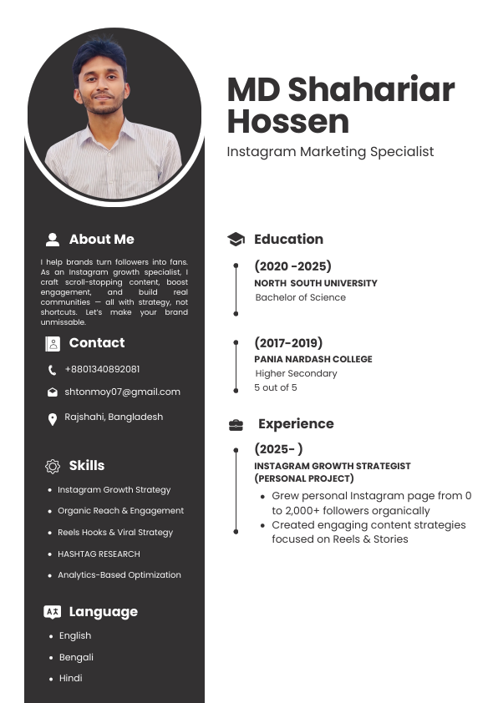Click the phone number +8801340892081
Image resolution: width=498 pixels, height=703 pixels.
pos(102,369)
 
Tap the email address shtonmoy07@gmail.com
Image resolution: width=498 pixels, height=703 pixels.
pos(122,392)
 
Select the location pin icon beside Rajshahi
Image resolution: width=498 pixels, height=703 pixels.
pos(53,419)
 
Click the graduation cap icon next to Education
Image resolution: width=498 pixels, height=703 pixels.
pos(236,240)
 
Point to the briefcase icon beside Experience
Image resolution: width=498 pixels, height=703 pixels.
pos(236,425)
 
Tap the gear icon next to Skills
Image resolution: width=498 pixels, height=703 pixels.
pos(53,466)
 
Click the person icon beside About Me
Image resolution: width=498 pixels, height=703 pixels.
pos(53,240)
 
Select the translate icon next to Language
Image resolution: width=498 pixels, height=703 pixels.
pos(53,612)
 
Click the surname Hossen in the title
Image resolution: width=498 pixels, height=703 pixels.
pos(288,122)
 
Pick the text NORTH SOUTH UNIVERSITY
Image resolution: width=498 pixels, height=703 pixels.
pos(316,283)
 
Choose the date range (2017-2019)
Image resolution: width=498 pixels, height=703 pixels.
pos(288,343)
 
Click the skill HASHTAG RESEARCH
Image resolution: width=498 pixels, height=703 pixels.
pos(99,554)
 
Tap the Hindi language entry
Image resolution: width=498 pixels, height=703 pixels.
pos(71,678)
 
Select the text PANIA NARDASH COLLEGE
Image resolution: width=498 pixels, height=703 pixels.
pos(313,359)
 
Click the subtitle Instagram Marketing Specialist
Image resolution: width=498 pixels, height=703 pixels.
pos(330,152)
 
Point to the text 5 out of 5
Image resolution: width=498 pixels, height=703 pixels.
pos(276,387)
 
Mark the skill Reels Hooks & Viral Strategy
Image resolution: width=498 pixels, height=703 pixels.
pos(115,532)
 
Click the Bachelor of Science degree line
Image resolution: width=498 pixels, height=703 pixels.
pos(300,297)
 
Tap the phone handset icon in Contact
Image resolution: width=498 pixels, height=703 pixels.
pos(53,370)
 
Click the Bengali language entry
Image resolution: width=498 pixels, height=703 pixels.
pos(76,657)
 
